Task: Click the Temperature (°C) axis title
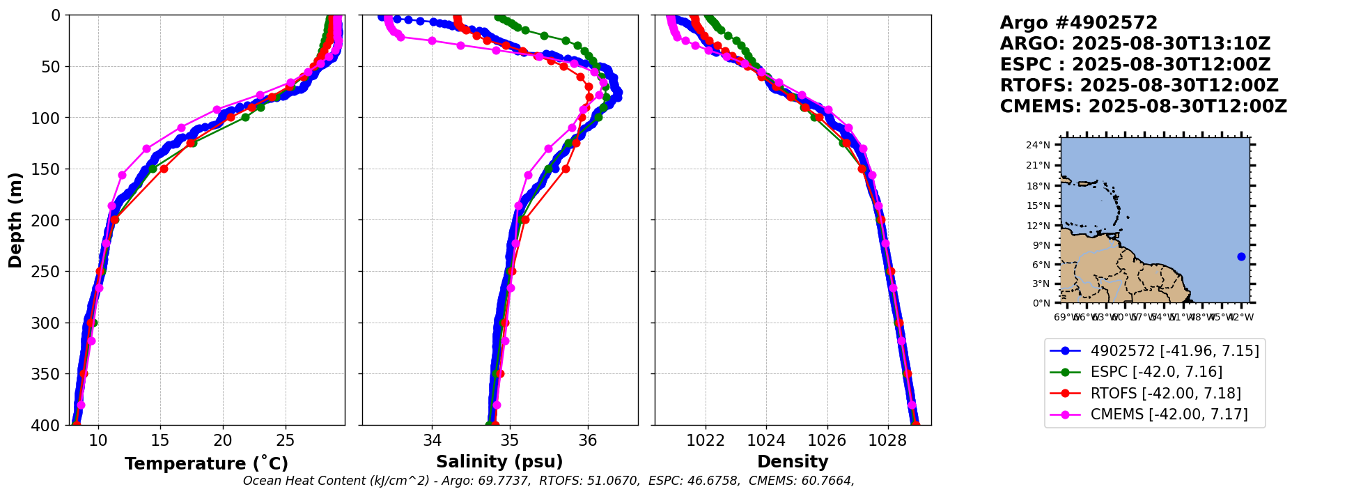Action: (x=206, y=463)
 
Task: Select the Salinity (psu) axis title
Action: (x=499, y=462)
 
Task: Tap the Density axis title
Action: (x=793, y=462)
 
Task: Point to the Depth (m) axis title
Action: (x=15, y=219)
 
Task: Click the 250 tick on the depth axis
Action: (x=49, y=272)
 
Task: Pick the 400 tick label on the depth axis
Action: (x=49, y=425)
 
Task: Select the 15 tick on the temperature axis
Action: (x=160, y=440)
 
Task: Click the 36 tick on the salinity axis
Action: (x=588, y=440)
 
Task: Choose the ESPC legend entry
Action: (x=1156, y=372)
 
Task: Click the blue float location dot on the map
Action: (x=1241, y=256)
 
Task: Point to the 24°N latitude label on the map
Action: (x=1038, y=145)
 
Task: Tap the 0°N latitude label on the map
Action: (x=1041, y=303)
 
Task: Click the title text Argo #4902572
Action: (x=1078, y=23)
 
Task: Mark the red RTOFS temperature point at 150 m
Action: (x=164, y=169)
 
